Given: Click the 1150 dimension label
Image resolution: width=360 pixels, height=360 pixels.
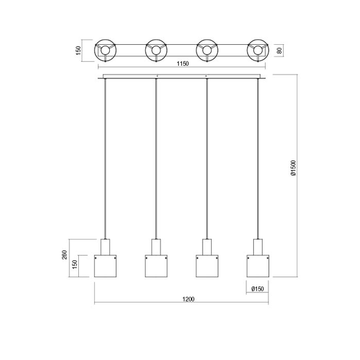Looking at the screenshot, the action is tap(183, 64).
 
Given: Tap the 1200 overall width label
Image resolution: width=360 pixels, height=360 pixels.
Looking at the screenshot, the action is tap(188, 299).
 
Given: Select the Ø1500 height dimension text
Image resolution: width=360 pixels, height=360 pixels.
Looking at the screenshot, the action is tap(294, 168).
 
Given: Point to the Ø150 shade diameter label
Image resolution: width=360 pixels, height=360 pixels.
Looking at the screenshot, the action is tap(258, 289).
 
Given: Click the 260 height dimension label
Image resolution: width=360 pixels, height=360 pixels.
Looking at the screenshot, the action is tap(64, 255).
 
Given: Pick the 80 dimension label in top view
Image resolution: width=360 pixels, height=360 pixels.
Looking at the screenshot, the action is tap(280, 51).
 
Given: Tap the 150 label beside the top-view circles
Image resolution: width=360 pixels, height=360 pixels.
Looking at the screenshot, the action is tap(78, 51).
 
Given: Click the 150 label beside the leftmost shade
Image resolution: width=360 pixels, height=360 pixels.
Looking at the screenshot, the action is tap(75, 265).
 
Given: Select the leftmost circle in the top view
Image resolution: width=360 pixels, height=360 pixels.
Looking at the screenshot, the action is tap(105, 40).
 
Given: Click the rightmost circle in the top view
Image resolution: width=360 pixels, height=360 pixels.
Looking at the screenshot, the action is tap(258, 40).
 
